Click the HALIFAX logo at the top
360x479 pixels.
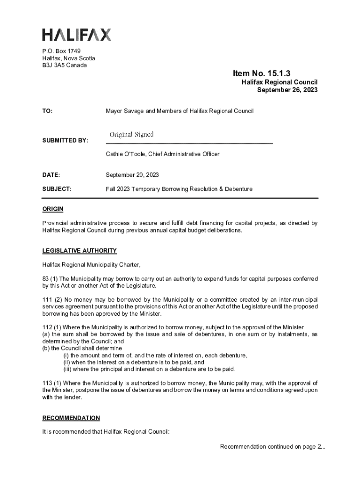coord(77,35)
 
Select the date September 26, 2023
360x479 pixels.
coord(287,90)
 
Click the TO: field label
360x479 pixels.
coord(47,111)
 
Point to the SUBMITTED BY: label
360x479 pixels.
coord(65,141)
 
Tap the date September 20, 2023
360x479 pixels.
coord(132,175)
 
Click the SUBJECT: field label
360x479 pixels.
coord(57,189)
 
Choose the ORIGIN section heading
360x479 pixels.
coord(53,209)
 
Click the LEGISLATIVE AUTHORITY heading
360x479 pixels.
coord(79,251)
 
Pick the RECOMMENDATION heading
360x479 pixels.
coord(71,418)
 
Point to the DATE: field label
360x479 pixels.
coord(51,175)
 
